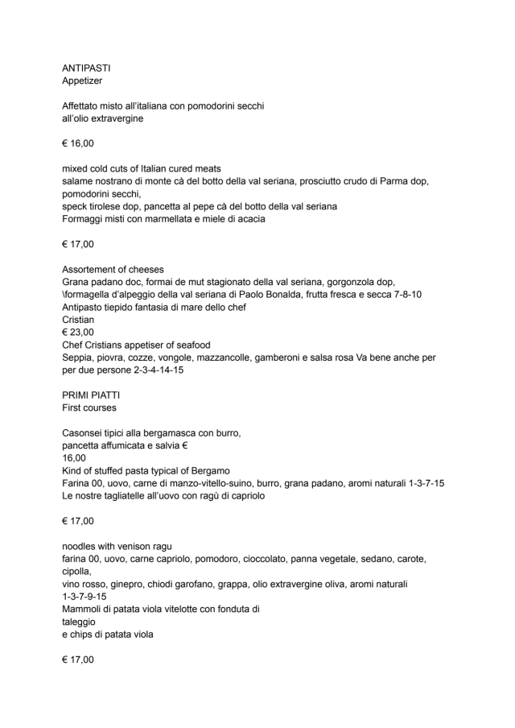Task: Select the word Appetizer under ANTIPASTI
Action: coord(84,81)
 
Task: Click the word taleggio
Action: coord(79,622)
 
